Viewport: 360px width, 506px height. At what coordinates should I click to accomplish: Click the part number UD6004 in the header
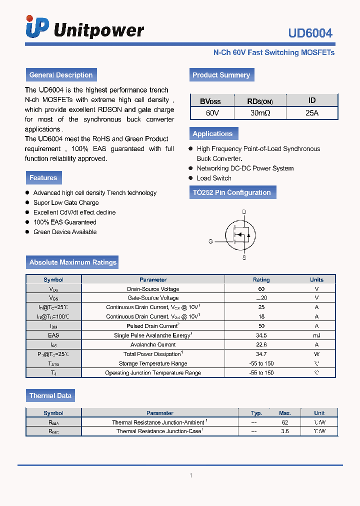[x=310, y=33]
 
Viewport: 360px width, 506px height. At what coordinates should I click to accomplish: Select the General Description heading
[x=61, y=75]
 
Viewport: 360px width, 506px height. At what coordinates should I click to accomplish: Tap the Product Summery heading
[x=221, y=75]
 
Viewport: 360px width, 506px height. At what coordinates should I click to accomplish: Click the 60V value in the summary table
[x=212, y=113]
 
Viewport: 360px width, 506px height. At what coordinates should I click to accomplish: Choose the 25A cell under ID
[x=312, y=113]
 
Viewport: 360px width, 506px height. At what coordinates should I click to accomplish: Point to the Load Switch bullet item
[x=214, y=178]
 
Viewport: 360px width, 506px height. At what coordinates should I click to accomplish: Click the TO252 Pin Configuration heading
[x=232, y=192]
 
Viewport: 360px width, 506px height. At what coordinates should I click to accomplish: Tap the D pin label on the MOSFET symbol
[x=244, y=212]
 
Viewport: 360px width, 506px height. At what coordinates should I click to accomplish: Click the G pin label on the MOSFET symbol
[x=210, y=241]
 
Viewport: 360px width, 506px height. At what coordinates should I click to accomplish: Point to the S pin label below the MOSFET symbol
[x=244, y=258]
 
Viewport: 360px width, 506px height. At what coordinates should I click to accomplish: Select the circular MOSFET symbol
[x=240, y=234]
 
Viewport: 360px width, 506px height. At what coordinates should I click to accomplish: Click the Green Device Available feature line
[x=65, y=232]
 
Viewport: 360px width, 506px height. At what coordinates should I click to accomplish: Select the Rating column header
[x=261, y=280]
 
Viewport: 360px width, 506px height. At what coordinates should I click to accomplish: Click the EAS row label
[x=53, y=335]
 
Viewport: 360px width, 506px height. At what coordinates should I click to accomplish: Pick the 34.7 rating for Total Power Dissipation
[x=261, y=354]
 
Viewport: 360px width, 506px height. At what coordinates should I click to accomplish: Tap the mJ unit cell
[x=316, y=335]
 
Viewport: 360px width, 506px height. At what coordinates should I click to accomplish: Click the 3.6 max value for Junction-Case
[x=285, y=431]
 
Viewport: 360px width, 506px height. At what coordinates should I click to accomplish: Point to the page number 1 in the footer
[x=191, y=475]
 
